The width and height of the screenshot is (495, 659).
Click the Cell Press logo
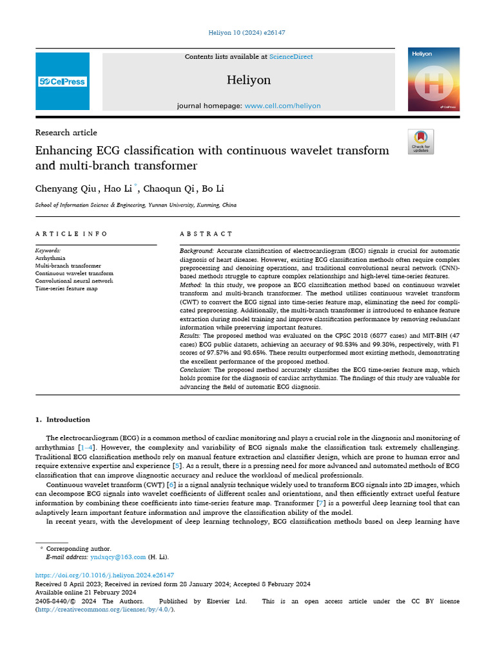click(x=63, y=82)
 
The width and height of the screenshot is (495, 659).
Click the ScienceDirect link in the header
click(x=291, y=57)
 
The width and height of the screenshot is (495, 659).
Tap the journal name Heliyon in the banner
click(x=249, y=80)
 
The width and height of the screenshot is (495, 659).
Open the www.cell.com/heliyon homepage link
click(x=282, y=106)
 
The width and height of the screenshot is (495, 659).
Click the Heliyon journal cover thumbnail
click(x=433, y=79)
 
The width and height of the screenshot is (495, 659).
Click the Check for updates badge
click(x=421, y=142)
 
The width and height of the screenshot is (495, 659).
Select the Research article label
click(x=66, y=133)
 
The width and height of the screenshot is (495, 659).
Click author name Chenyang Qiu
click(x=66, y=189)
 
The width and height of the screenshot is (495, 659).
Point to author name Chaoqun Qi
click(x=169, y=189)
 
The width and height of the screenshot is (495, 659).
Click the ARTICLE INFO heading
click(x=72, y=234)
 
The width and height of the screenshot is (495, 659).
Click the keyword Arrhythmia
click(x=50, y=257)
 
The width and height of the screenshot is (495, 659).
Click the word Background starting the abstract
click(x=197, y=250)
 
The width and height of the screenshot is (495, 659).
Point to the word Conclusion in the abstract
click(x=195, y=370)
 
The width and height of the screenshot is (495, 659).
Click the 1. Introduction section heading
click(x=63, y=420)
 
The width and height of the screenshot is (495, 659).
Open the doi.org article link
click(x=104, y=575)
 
